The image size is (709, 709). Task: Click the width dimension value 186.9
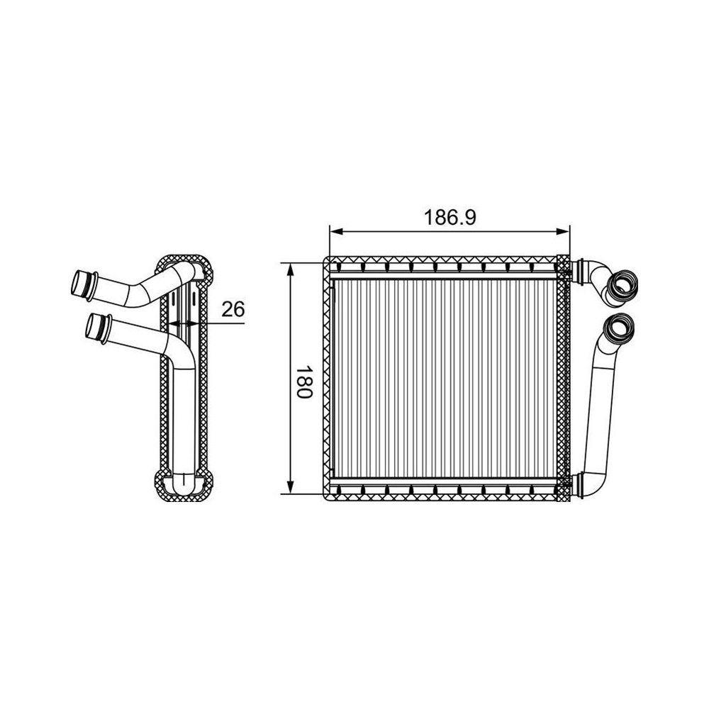[x=450, y=218]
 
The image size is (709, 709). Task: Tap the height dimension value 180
[x=305, y=381]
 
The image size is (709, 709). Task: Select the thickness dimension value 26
[x=233, y=309]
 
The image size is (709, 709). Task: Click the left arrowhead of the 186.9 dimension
[x=336, y=232]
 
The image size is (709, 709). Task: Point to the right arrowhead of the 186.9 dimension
[x=563, y=232]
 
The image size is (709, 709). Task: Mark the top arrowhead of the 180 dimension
[x=291, y=269]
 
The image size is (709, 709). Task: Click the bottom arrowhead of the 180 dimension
[x=291, y=487]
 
